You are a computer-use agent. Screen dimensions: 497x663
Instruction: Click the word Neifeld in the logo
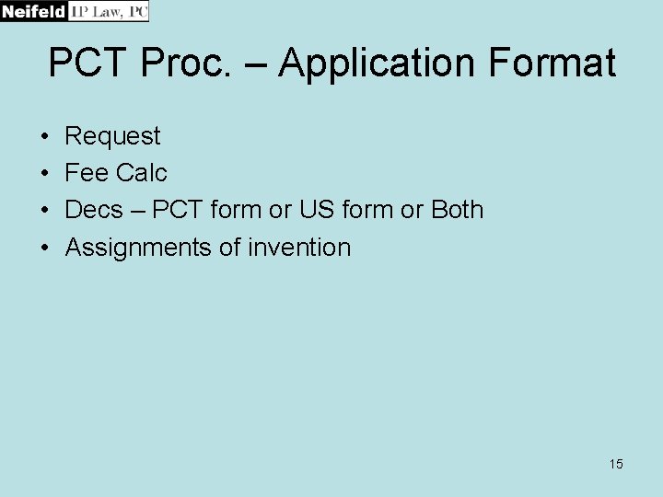pyautogui.click(x=34, y=11)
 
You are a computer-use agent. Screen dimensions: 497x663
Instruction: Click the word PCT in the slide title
pyautogui.click(x=88, y=64)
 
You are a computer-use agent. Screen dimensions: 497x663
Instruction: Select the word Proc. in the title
pyautogui.click(x=191, y=64)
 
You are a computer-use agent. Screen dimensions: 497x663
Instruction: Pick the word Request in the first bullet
pyautogui.click(x=112, y=136)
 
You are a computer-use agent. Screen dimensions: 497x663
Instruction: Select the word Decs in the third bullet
pyautogui.click(x=93, y=210)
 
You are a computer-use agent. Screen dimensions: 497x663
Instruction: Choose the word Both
pyautogui.click(x=457, y=210)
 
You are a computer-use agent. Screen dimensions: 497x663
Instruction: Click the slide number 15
pyautogui.click(x=616, y=464)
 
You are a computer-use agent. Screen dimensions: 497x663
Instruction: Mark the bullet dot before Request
pyautogui.click(x=45, y=137)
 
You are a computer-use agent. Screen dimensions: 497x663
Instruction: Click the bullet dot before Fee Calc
pyautogui.click(x=45, y=174)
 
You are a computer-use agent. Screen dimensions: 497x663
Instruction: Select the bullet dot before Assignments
pyautogui.click(x=45, y=248)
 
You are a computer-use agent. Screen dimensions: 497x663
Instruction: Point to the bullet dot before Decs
pyautogui.click(x=45, y=211)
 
